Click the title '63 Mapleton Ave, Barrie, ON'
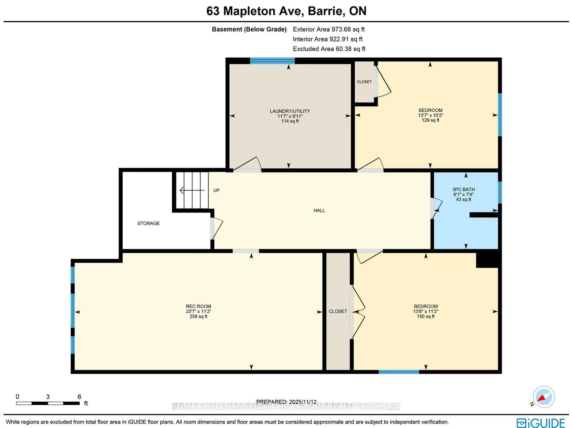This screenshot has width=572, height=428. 286,11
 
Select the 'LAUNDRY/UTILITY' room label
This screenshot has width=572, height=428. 290,111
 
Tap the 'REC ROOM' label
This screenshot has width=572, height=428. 198,307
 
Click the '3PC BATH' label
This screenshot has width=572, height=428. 463,190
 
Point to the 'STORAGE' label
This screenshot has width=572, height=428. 148,223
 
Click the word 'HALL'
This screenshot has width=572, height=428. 319,211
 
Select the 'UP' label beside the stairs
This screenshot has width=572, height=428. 216,190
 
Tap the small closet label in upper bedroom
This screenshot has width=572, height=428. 364,82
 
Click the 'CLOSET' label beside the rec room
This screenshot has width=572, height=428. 337,311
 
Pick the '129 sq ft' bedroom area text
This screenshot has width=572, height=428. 430,120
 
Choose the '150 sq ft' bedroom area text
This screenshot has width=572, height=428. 425,316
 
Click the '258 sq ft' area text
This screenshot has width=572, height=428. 198,316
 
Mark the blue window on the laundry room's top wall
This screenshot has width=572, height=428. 272,61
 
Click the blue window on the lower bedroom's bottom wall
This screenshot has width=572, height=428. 399,372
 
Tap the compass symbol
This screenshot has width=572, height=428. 543,397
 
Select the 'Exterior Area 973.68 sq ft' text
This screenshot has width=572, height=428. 329,29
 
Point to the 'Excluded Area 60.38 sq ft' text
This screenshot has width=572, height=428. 329,49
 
